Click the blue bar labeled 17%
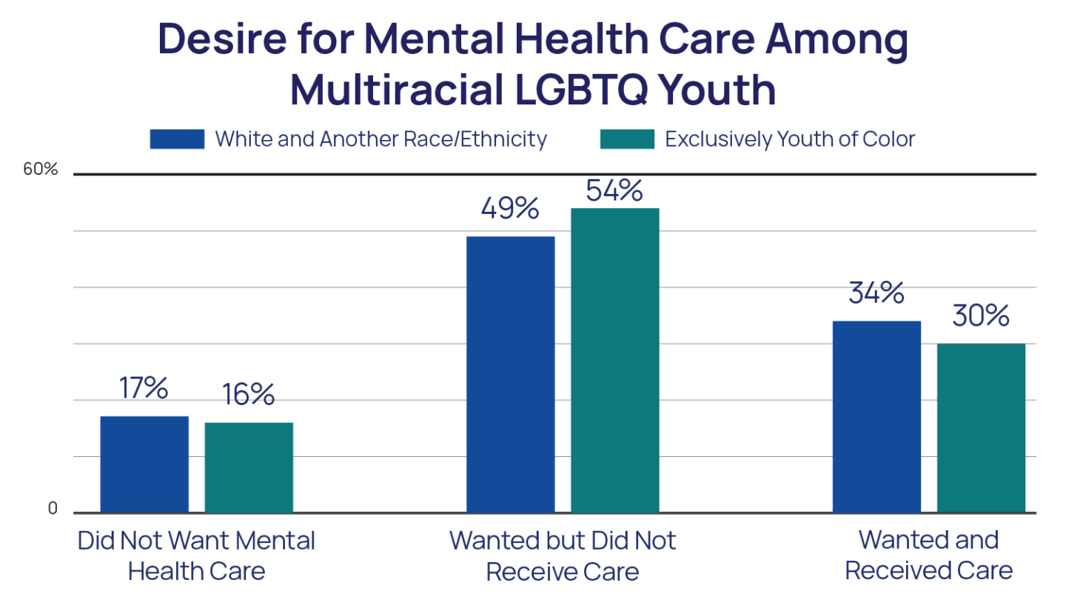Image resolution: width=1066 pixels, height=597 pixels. pyautogui.click(x=144, y=464)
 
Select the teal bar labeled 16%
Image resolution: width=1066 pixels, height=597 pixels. pyautogui.click(x=249, y=467)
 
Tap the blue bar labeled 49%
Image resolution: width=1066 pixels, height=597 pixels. pyautogui.click(x=510, y=373)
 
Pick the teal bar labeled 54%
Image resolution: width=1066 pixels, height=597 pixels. pyautogui.click(x=614, y=360)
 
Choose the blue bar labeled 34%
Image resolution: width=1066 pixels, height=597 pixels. pyautogui.click(x=876, y=416)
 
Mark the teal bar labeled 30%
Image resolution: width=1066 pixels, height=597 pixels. pyautogui.click(x=981, y=427)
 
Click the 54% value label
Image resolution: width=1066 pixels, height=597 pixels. pyautogui.click(x=614, y=190)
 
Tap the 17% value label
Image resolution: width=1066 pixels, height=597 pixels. pyautogui.click(x=144, y=389)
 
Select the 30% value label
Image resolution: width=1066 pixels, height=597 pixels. pyautogui.click(x=981, y=316)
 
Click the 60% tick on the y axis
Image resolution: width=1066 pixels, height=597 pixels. pyautogui.click(x=40, y=170)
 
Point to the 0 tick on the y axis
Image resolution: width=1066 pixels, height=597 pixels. pyautogui.click(x=53, y=509)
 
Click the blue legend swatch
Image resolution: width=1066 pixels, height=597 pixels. pyautogui.click(x=177, y=139)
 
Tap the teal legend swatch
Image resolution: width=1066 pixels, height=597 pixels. pyautogui.click(x=627, y=139)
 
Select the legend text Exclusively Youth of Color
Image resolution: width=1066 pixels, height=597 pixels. pyautogui.click(x=790, y=139)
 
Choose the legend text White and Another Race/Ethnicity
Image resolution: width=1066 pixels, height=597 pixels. pyautogui.click(x=381, y=139)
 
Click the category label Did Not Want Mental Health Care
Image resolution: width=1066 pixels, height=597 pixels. pyautogui.click(x=196, y=556)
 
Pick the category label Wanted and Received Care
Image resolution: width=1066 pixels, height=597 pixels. pyautogui.click(x=929, y=556)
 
